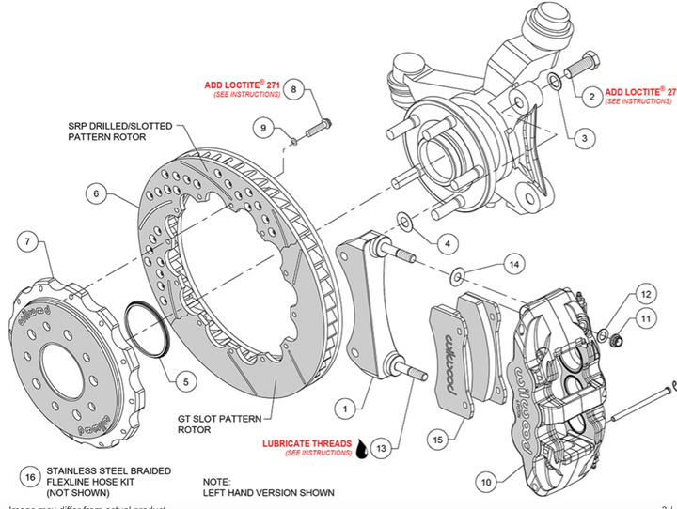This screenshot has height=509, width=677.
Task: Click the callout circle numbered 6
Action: point(95,195)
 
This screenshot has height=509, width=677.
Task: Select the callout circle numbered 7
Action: point(29,242)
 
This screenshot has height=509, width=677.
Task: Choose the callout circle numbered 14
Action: point(512,264)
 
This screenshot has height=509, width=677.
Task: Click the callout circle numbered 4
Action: point(447,243)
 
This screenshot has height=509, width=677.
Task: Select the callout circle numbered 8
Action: point(293,90)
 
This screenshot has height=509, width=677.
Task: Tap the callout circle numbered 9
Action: point(264,128)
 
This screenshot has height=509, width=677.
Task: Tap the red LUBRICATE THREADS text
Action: point(307,442)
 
